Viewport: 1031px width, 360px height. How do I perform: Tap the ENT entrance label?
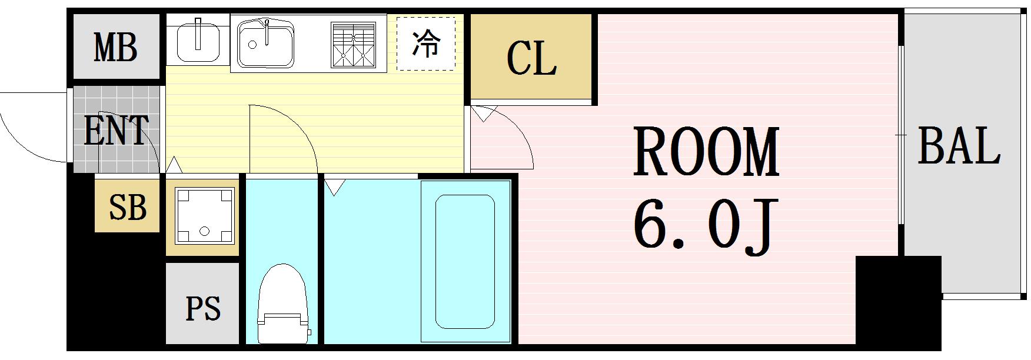[x=116, y=131]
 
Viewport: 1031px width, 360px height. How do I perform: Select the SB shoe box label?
[x=128, y=206]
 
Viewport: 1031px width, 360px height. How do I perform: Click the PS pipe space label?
[x=203, y=308]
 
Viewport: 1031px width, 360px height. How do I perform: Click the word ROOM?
[x=706, y=152]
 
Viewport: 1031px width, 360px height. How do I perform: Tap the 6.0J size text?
[x=703, y=226]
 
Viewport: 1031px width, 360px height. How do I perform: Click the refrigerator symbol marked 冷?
[x=425, y=44]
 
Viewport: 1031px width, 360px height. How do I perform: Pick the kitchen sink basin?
[x=265, y=44]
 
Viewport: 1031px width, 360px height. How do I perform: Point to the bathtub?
[x=465, y=261]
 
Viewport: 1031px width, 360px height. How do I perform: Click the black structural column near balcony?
[x=897, y=300]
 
